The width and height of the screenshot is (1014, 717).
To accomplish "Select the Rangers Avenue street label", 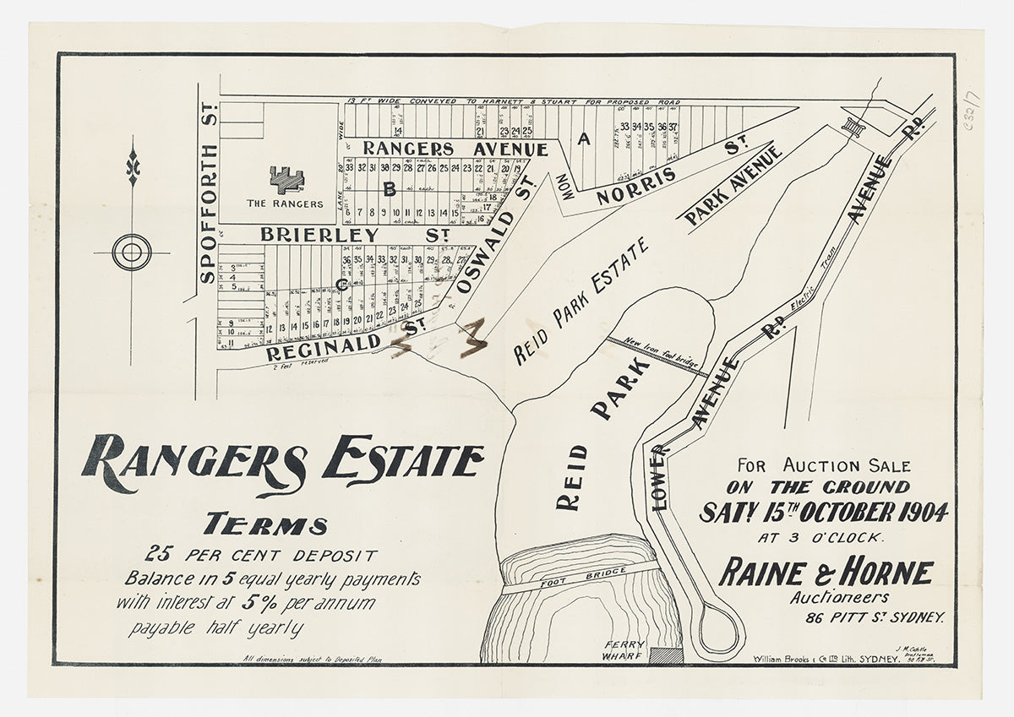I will click(x=455, y=149).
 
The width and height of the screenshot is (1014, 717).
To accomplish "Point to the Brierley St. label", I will click(x=353, y=235).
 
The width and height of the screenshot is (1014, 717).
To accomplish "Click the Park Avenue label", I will click(x=733, y=186).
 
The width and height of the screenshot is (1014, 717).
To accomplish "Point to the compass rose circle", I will click(x=132, y=252).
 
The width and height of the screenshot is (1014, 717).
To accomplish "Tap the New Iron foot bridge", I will click(x=657, y=354).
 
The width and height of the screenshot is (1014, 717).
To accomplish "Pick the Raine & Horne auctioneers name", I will click(x=826, y=573).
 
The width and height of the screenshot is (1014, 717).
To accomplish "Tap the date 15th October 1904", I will click(x=823, y=512).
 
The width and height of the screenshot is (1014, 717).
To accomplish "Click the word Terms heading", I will click(x=264, y=525).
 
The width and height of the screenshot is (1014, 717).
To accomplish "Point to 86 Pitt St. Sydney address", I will click(x=875, y=618).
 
